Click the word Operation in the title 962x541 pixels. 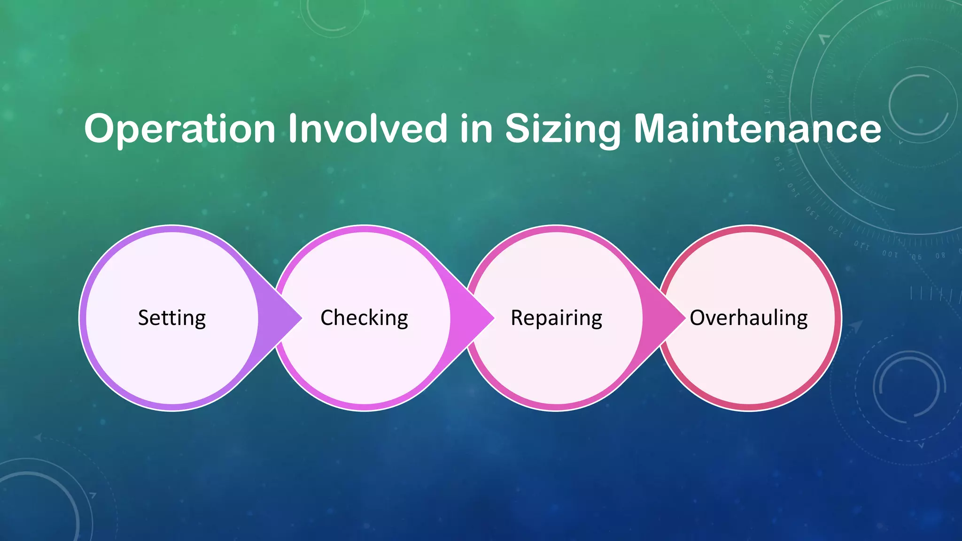[x=179, y=129]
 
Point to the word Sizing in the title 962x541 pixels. [x=563, y=129]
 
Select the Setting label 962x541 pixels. [x=172, y=318]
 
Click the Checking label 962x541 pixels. [x=364, y=318]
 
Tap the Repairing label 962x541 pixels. [x=556, y=318]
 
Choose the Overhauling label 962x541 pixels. [x=749, y=318]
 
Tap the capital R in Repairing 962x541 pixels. [x=517, y=318]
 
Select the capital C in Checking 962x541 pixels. [x=327, y=318]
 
